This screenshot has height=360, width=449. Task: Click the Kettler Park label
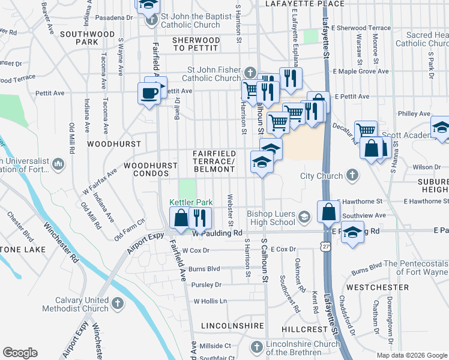pos(188,203)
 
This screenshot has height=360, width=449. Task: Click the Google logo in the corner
pos(20,353)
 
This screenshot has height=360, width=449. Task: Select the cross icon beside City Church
pos(352,176)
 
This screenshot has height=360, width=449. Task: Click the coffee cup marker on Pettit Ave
pos(148,93)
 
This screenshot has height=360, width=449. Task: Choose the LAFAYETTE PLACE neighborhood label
pos(293,4)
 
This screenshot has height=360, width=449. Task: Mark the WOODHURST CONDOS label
pos(151,169)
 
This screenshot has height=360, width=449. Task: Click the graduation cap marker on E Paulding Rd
pos(353,232)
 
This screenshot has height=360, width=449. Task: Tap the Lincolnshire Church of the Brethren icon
pos(257,347)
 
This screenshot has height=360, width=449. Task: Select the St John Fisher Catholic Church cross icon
pos(251,73)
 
